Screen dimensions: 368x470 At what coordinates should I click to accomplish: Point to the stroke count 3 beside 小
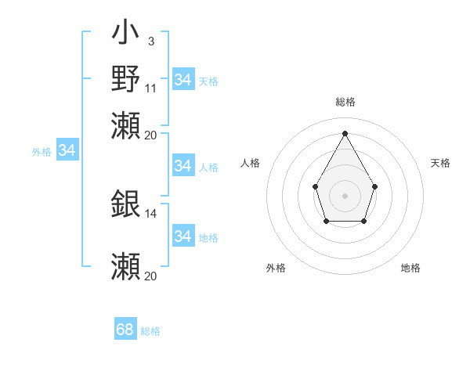click(x=150, y=41)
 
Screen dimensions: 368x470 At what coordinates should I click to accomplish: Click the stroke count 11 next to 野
click(x=151, y=88)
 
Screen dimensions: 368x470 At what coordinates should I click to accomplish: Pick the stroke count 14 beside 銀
click(x=151, y=213)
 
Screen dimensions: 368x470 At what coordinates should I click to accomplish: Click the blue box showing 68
click(x=125, y=330)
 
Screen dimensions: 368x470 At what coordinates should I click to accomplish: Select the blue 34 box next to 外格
click(x=67, y=150)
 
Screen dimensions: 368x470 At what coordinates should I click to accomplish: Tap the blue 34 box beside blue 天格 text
click(x=183, y=80)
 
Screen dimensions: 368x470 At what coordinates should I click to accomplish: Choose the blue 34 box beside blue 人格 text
click(x=183, y=166)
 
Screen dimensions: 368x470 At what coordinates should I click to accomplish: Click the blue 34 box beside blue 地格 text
click(x=183, y=236)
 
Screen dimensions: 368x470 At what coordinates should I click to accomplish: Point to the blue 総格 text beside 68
click(x=150, y=331)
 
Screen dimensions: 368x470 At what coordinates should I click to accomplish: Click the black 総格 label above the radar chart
click(x=345, y=102)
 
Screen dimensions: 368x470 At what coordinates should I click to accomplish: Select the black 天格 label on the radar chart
click(x=440, y=163)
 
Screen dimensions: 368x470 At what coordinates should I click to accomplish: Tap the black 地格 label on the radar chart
click(x=410, y=268)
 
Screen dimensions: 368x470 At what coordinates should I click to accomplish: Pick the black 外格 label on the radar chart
click(x=276, y=268)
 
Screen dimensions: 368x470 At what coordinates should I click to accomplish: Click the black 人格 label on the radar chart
click(x=251, y=163)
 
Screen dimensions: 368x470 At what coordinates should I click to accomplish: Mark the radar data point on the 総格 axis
click(x=345, y=132)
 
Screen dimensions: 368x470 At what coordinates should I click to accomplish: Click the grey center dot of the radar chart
click(x=345, y=195)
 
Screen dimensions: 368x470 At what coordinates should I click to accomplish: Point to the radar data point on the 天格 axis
click(x=375, y=186)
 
